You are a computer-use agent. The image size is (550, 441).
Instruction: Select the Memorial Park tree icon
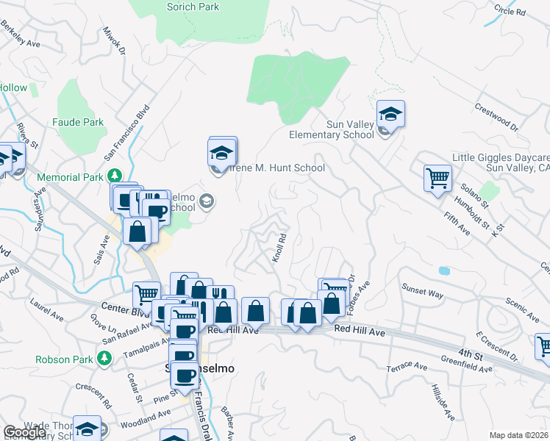[x=115, y=176]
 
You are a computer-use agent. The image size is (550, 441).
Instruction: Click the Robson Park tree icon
[x=104, y=359]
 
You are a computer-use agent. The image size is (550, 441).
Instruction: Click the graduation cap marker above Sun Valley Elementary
[x=390, y=115]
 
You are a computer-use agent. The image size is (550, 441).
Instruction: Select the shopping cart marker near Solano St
[x=438, y=177]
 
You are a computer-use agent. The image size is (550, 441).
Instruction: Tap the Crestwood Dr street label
[x=496, y=117]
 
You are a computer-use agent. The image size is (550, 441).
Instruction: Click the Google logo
[x=24, y=433]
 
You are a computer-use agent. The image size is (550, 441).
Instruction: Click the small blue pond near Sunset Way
[x=444, y=270]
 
